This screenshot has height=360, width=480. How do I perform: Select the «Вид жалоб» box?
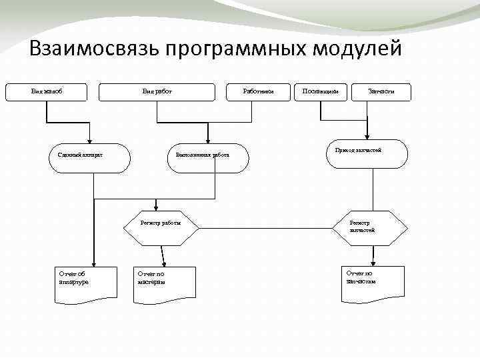tap(46, 92)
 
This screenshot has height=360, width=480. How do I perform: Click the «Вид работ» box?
tap(157, 92)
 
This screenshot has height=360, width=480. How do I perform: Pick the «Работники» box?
tap(256, 92)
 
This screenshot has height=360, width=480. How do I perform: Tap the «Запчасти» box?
tap(380, 92)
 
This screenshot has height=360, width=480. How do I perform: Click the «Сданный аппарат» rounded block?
tap(93, 155)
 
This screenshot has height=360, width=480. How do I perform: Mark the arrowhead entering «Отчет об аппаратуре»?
tap(94, 263)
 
